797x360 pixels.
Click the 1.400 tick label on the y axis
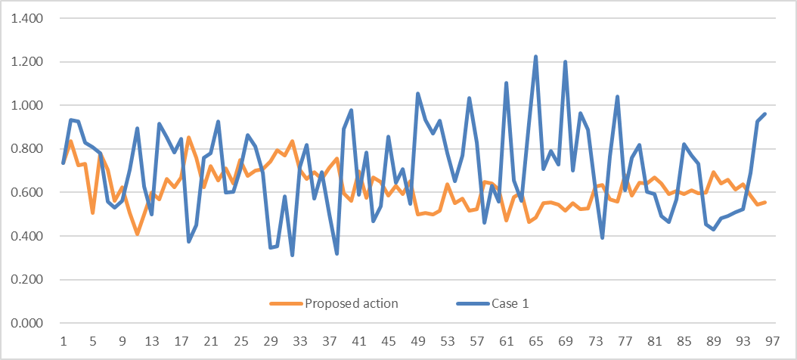(x=26, y=18)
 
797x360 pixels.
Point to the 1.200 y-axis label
(x=26, y=62)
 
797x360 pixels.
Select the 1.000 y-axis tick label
(x=26, y=105)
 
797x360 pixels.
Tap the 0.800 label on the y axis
(x=26, y=149)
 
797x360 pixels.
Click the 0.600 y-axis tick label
(x=26, y=193)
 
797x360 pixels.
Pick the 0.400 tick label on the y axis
(x=26, y=236)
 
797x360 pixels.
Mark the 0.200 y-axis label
(x=26, y=280)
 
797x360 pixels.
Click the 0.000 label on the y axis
(x=26, y=324)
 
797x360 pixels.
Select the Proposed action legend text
(x=352, y=304)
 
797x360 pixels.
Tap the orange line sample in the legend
(x=286, y=304)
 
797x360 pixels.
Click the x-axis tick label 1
(x=64, y=340)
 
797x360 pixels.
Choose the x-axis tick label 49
(x=417, y=340)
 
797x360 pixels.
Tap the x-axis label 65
(x=535, y=340)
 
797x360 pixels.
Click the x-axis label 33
(x=299, y=340)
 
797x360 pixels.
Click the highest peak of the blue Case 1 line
(x=535, y=57)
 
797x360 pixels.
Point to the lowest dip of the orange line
(x=137, y=234)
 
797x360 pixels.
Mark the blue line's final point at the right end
(x=764, y=114)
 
